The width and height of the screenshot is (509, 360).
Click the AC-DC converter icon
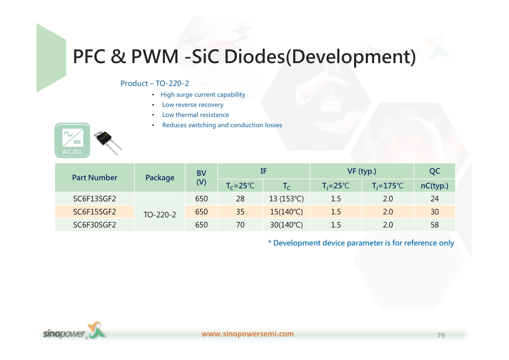click(x=72, y=140)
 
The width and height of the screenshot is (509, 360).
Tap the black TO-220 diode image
click(x=108, y=143)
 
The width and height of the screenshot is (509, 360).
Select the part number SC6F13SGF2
click(x=94, y=199)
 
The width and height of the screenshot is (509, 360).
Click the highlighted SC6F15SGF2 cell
click(x=94, y=212)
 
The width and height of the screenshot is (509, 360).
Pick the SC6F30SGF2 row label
click(x=94, y=225)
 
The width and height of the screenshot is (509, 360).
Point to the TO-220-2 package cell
click(x=160, y=215)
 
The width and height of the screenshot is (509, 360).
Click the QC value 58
click(x=435, y=225)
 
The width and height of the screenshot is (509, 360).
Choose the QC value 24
click(x=435, y=199)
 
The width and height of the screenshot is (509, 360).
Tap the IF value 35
click(x=240, y=212)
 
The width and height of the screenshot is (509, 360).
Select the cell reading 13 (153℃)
click(x=286, y=199)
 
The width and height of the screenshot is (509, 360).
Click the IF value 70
click(x=240, y=225)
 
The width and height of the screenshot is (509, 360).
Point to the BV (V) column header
click(x=201, y=178)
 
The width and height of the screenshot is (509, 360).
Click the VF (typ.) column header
click(x=362, y=171)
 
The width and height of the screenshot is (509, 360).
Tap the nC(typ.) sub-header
click(x=435, y=185)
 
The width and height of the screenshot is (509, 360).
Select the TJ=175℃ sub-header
click(x=388, y=185)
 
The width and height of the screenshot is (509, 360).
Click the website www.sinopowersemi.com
click(x=248, y=334)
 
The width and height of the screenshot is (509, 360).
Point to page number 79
click(x=441, y=335)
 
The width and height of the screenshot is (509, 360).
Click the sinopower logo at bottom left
click(x=74, y=331)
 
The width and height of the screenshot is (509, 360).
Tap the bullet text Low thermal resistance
click(x=195, y=114)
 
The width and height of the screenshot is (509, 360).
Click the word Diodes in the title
click(x=254, y=56)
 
